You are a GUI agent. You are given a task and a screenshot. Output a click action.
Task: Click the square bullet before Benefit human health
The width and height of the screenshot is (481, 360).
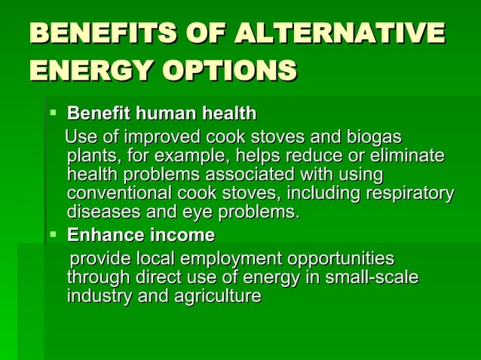click(x=53, y=113)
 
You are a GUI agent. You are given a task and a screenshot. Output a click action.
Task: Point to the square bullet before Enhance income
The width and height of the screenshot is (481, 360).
click(x=53, y=234)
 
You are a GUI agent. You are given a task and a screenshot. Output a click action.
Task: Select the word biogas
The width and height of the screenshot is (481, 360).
click(x=375, y=139)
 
